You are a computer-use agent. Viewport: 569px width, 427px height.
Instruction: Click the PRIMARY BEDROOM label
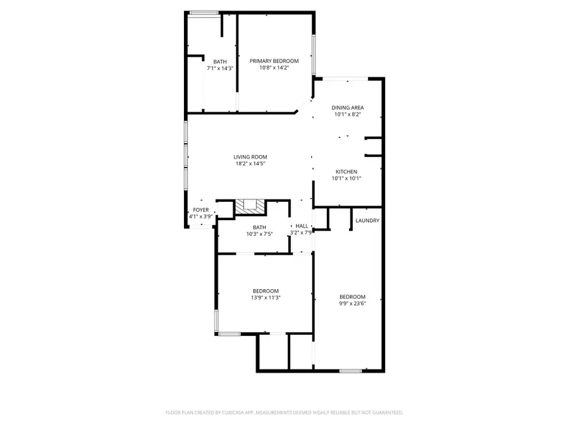[274, 61]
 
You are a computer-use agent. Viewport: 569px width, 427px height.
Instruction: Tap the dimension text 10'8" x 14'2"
[274, 68]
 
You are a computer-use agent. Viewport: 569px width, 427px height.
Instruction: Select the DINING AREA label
[348, 108]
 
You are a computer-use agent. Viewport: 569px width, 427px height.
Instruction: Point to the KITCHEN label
[346, 172]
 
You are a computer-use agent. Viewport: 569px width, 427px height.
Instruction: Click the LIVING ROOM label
[250, 157]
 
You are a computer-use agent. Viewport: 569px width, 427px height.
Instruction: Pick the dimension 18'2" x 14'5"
[250, 164]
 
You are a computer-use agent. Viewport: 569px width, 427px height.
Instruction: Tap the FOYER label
[200, 210]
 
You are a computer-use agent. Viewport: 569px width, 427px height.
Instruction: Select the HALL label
[302, 226]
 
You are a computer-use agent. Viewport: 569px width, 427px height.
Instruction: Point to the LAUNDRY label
[367, 221]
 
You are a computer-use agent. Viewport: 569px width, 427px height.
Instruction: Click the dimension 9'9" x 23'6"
[352, 304]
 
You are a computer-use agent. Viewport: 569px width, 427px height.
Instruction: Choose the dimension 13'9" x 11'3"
[265, 298]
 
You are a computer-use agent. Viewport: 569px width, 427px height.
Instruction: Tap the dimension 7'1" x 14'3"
[220, 68]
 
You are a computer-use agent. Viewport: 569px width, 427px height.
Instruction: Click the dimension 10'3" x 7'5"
[259, 234]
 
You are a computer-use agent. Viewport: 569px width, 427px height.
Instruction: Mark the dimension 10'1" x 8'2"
[348, 115]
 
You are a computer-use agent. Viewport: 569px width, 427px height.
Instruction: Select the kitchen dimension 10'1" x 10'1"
[346, 179]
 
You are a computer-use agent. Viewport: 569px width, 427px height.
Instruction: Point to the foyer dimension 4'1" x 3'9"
[200, 217]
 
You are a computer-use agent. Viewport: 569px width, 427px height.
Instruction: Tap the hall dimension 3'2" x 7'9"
[302, 233]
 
